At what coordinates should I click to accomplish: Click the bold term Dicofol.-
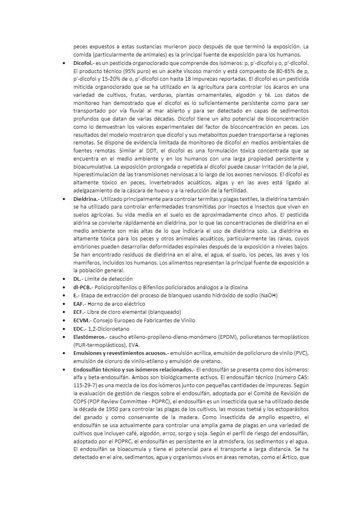tap(84, 63)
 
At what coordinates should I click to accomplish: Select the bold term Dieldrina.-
tap(86, 199)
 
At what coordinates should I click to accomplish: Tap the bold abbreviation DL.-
tap(78, 279)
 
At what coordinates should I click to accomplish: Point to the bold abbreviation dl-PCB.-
tap(83, 287)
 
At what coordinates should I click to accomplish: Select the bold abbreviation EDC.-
tap(80, 329)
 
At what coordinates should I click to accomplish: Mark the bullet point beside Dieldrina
tap(65, 199)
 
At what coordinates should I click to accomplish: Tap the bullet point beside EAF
tap(65, 304)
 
